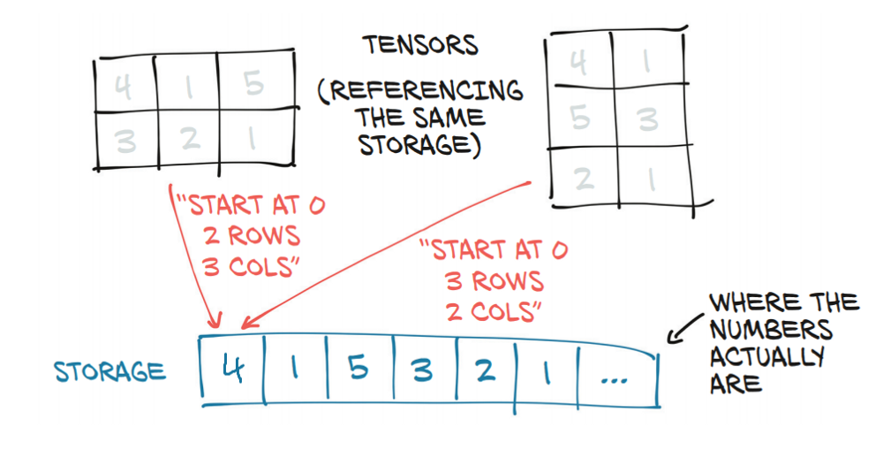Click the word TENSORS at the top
pyautogui.click(x=420, y=45)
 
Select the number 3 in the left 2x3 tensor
pyautogui.click(x=125, y=141)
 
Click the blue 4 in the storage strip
pyautogui.click(x=232, y=369)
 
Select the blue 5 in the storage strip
pyautogui.click(x=358, y=369)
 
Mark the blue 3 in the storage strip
pyautogui.click(x=422, y=369)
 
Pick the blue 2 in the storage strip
pyautogui.click(x=484, y=369)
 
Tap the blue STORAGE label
pyautogui.click(x=110, y=371)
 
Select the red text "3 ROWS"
pyautogui.click(x=493, y=281)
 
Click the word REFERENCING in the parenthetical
pyautogui.click(x=420, y=91)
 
